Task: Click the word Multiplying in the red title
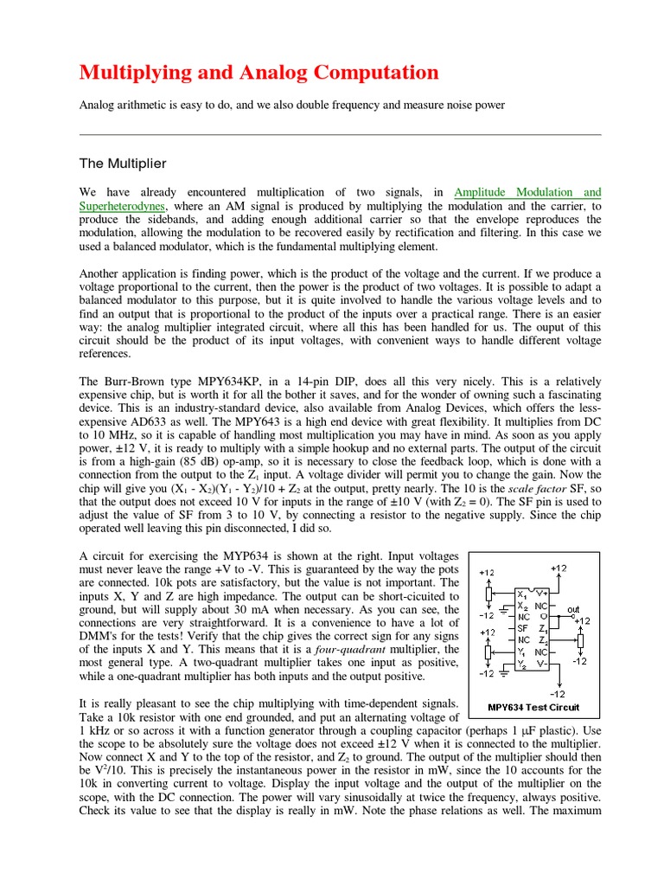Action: [134, 72]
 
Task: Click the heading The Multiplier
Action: [123, 163]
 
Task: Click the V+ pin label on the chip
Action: [542, 594]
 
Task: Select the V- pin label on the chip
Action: [542, 664]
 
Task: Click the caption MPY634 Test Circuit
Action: [533, 706]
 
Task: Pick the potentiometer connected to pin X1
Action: [488, 594]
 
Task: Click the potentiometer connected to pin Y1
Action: [488, 652]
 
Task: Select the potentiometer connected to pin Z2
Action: [580, 639]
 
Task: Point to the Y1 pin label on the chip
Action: [521, 652]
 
